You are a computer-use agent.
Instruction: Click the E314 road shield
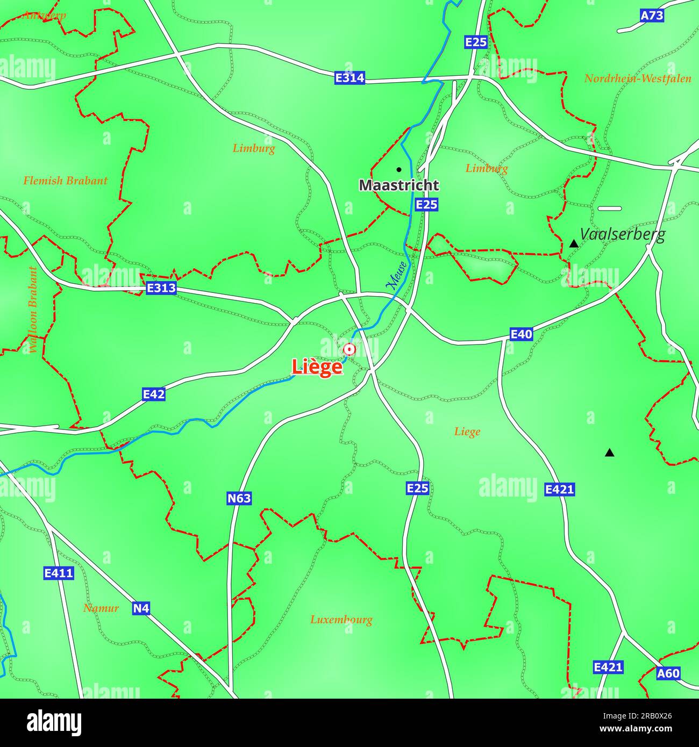tap(349, 78)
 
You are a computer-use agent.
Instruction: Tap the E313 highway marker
tap(161, 289)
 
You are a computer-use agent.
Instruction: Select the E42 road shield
tap(154, 394)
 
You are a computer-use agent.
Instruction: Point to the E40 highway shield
tap(521, 335)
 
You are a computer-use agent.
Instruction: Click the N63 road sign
tap(239, 498)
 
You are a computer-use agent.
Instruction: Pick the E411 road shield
tap(59, 573)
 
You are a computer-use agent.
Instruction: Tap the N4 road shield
tap(141, 608)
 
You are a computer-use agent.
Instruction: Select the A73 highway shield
tap(652, 16)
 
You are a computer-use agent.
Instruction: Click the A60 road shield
tap(668, 673)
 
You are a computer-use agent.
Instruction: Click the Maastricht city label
tap(399, 185)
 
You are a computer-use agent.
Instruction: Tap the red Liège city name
tap(317, 367)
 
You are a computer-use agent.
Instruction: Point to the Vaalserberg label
tap(623, 234)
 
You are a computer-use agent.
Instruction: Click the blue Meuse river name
tap(398, 276)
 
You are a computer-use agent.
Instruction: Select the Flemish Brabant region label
tap(65, 181)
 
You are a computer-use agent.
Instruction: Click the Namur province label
tap(101, 608)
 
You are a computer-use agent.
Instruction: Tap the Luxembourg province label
tap(341, 620)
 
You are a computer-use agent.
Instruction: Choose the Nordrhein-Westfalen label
tap(638, 78)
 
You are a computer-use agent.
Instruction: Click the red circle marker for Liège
tap(349, 350)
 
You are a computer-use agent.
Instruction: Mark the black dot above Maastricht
tap(399, 169)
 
